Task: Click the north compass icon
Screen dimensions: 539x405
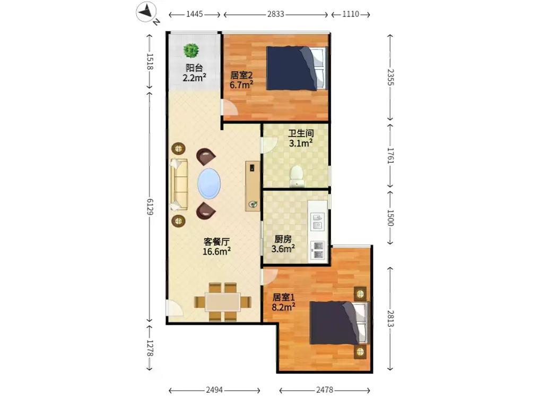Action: (x=146, y=12)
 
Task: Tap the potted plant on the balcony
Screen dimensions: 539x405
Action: (x=191, y=50)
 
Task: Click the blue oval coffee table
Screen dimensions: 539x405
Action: (x=209, y=183)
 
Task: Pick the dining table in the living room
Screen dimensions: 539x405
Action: (x=223, y=302)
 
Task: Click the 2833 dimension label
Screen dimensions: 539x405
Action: (x=276, y=14)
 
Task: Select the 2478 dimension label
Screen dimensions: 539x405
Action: (x=325, y=390)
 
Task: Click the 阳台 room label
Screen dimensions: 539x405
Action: (x=194, y=67)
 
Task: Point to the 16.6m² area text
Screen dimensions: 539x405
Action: (x=216, y=251)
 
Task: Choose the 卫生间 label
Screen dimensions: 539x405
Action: (x=301, y=133)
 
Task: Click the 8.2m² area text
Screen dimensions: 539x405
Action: (x=284, y=307)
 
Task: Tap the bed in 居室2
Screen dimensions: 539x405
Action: (x=297, y=68)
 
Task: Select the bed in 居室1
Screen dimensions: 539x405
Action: (x=340, y=323)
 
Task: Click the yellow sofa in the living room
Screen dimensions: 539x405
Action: (x=179, y=184)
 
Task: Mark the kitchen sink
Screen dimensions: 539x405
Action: (x=318, y=222)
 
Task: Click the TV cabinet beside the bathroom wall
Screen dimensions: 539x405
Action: (x=253, y=186)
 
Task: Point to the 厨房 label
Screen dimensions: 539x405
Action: (x=283, y=239)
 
